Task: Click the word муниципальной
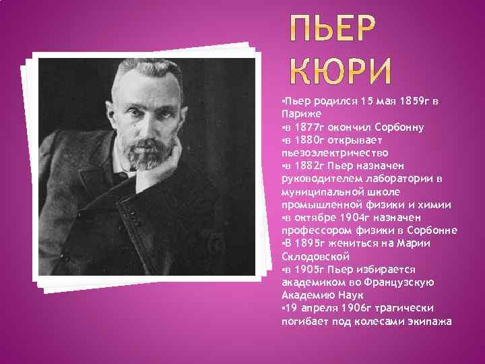click(319, 191)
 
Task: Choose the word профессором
click(314, 230)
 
